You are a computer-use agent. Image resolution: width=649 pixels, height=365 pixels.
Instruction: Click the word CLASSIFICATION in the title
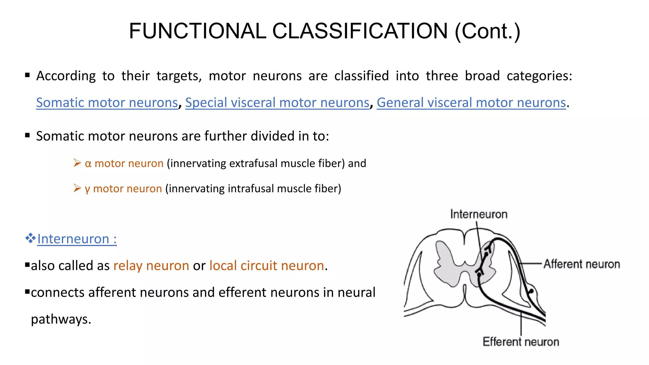click(360, 31)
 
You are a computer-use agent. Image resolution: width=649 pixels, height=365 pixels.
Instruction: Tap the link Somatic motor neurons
click(107, 103)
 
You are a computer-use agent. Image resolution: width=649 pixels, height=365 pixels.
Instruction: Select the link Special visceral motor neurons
click(277, 103)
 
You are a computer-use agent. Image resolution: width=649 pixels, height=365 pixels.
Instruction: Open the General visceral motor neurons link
click(471, 103)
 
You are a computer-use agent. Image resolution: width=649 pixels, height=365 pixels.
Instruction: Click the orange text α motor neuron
click(124, 163)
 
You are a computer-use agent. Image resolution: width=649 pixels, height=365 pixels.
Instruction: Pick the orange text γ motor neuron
click(123, 189)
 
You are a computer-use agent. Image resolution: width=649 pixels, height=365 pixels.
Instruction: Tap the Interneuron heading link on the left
click(77, 239)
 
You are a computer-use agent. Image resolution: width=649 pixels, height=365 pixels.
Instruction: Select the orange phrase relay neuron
click(151, 266)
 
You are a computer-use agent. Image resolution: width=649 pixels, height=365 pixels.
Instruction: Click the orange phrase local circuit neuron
click(267, 266)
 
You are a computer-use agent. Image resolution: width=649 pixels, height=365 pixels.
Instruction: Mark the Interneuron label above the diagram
click(479, 215)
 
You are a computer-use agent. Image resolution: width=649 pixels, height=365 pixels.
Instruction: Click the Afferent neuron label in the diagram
click(582, 264)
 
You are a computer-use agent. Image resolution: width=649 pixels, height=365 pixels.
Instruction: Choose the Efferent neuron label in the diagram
click(521, 342)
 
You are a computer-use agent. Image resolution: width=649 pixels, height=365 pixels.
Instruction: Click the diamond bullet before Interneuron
click(30, 238)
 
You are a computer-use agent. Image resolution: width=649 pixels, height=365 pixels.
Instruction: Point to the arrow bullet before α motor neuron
click(77, 163)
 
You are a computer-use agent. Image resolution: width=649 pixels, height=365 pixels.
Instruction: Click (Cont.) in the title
click(487, 31)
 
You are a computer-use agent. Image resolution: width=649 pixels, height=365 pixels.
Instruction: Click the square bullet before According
click(28, 75)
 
